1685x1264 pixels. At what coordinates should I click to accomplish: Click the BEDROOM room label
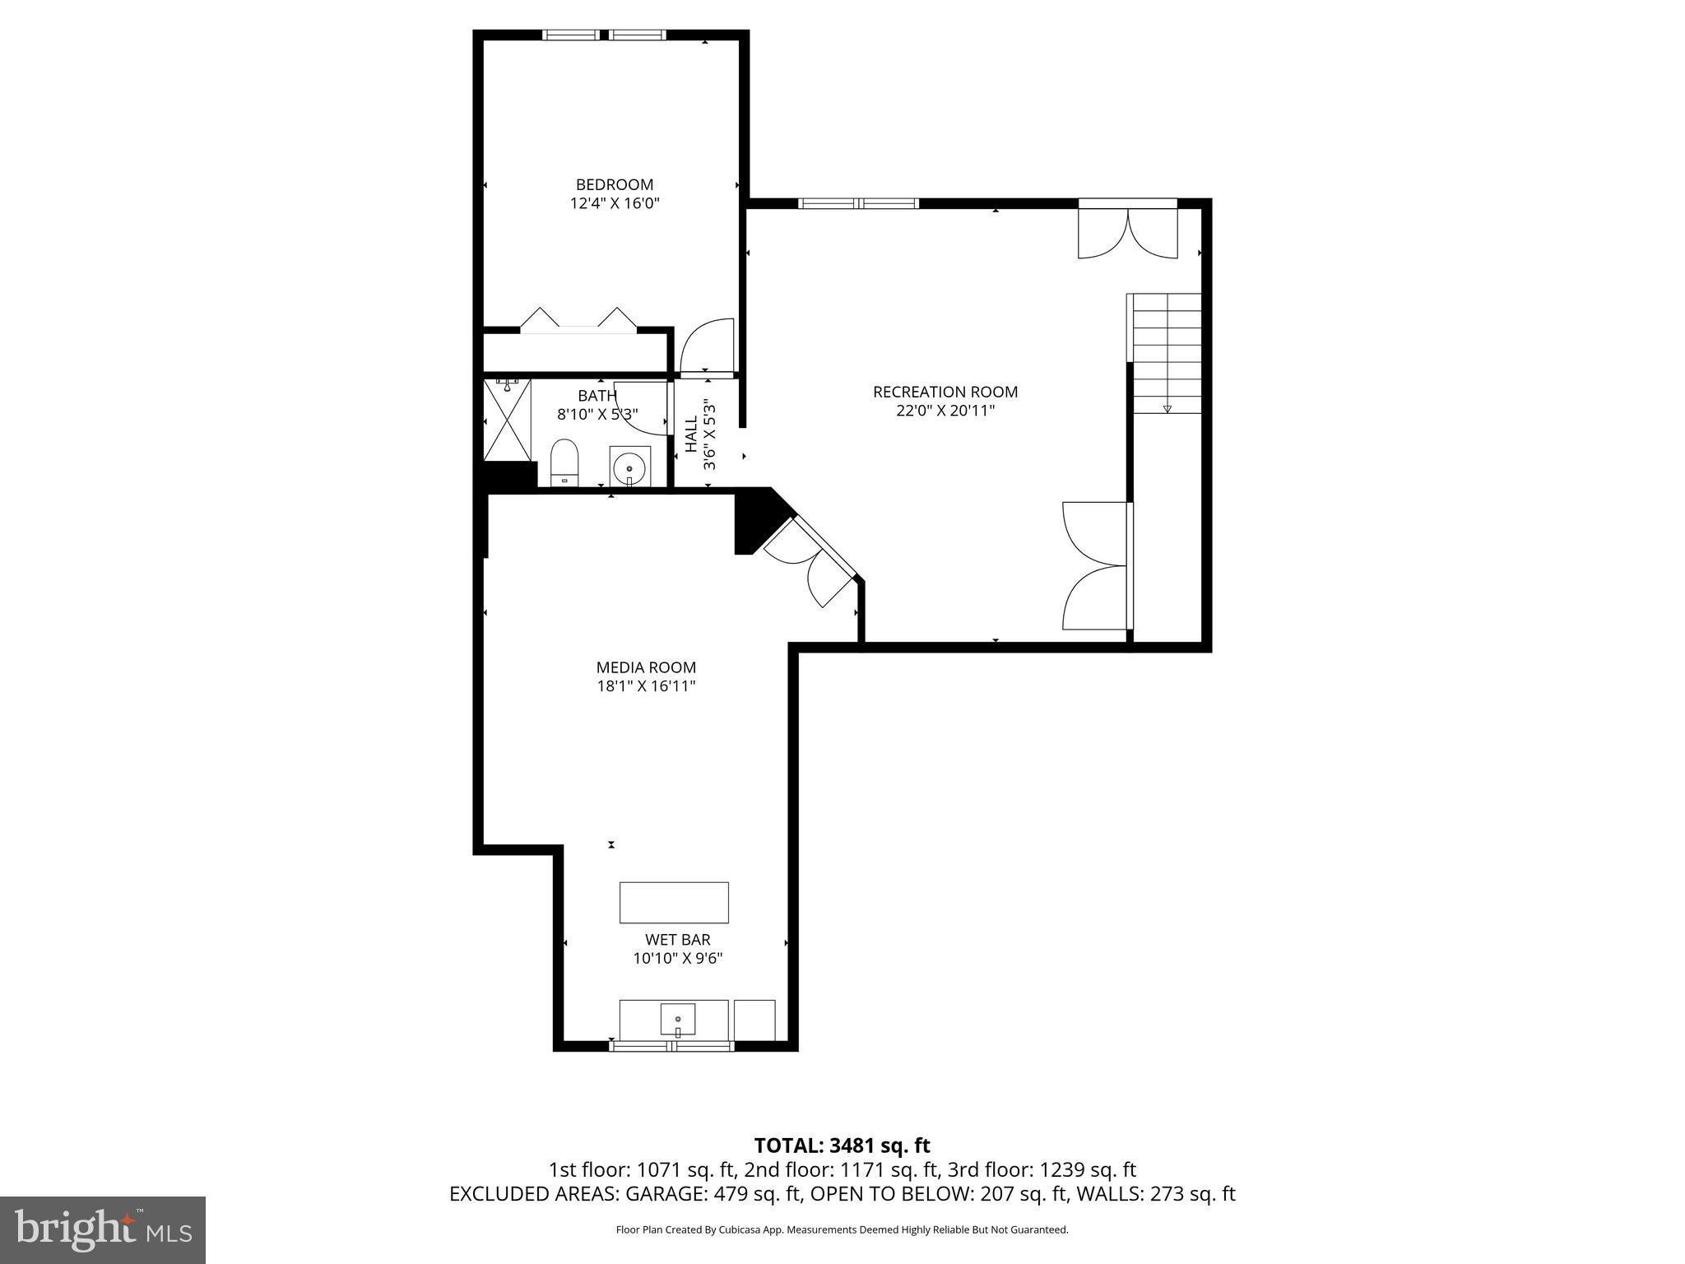click(x=614, y=184)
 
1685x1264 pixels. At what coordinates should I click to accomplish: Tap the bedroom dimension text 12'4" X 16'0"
click(x=615, y=203)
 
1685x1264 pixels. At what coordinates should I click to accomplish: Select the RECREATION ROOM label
click(x=945, y=392)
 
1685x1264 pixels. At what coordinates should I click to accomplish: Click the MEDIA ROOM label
click(x=646, y=667)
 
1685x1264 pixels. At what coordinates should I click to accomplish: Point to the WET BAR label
click(x=677, y=939)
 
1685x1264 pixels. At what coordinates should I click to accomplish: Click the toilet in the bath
click(x=564, y=462)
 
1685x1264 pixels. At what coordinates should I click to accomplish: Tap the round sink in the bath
click(x=630, y=467)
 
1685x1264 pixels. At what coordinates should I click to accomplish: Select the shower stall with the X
click(x=507, y=421)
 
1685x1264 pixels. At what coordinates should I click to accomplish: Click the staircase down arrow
click(x=1167, y=408)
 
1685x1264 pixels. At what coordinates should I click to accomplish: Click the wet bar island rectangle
click(x=674, y=902)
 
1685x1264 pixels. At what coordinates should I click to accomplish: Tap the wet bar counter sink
click(x=677, y=1020)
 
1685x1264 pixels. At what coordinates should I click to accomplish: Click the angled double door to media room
click(x=810, y=563)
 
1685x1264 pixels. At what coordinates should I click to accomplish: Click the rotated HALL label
click(x=691, y=434)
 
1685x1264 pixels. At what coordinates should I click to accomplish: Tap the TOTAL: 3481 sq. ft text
click(x=842, y=1145)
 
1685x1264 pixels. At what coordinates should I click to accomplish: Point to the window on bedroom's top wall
click(x=604, y=35)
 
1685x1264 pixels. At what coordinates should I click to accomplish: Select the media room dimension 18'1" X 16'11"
click(x=646, y=686)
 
